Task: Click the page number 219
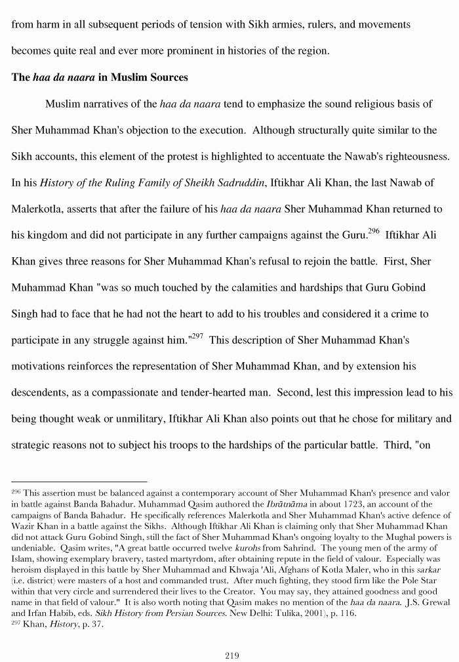pos(231,655)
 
